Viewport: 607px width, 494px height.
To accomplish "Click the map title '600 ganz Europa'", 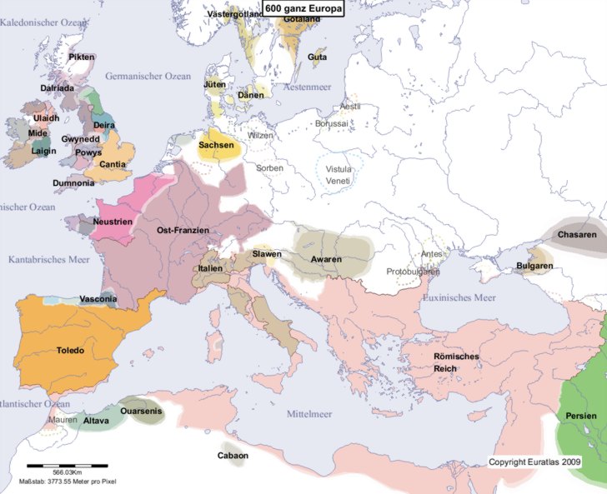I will (x=303, y=9).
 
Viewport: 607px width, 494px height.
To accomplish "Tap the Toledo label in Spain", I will (x=70, y=351).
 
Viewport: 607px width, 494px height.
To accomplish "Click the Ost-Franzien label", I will (x=183, y=230).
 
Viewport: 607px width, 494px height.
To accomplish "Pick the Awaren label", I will (x=326, y=260).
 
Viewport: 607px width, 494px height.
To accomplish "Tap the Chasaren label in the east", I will (x=577, y=236).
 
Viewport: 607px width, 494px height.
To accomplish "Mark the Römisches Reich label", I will (x=456, y=362).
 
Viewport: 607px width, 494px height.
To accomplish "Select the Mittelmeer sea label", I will (x=309, y=414).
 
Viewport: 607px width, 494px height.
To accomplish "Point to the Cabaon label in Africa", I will (x=233, y=456).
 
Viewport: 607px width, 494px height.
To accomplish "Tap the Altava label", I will (x=96, y=421).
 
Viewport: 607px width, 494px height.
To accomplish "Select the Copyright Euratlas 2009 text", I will (x=534, y=462).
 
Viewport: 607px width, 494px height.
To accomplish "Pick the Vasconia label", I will (x=98, y=299).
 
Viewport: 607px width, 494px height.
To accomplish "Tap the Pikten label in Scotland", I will (x=83, y=57).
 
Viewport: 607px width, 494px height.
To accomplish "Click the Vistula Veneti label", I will (x=340, y=176).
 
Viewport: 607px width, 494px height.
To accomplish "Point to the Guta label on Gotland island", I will (x=317, y=57).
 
